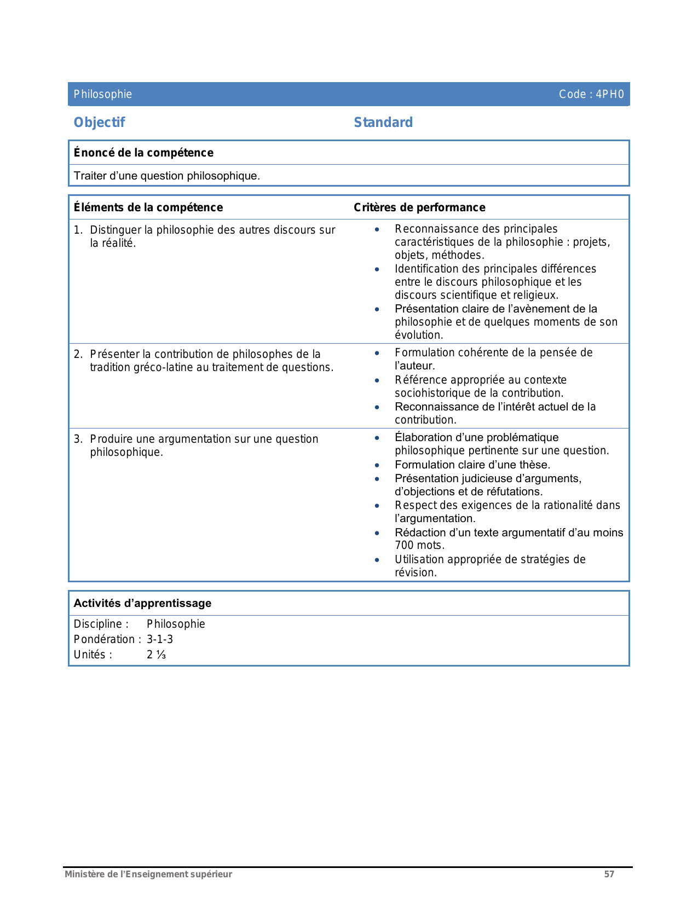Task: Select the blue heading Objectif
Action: point(99,123)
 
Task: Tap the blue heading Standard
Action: point(383,123)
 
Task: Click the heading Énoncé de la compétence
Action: point(143,153)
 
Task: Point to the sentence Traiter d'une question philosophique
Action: point(167,176)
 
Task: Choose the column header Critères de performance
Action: point(419,207)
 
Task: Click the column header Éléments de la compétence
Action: point(148,207)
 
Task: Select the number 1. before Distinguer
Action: point(78,230)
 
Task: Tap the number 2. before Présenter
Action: point(78,355)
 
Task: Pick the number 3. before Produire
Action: point(78,439)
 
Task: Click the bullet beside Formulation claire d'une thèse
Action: point(377,465)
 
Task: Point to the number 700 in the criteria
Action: point(404,545)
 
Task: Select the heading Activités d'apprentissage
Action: point(142,603)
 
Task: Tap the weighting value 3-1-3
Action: point(160,639)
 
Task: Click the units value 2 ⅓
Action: point(156,655)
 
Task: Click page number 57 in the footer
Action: point(609,875)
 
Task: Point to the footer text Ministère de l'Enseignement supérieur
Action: point(148,875)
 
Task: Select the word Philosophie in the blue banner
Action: point(103,94)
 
